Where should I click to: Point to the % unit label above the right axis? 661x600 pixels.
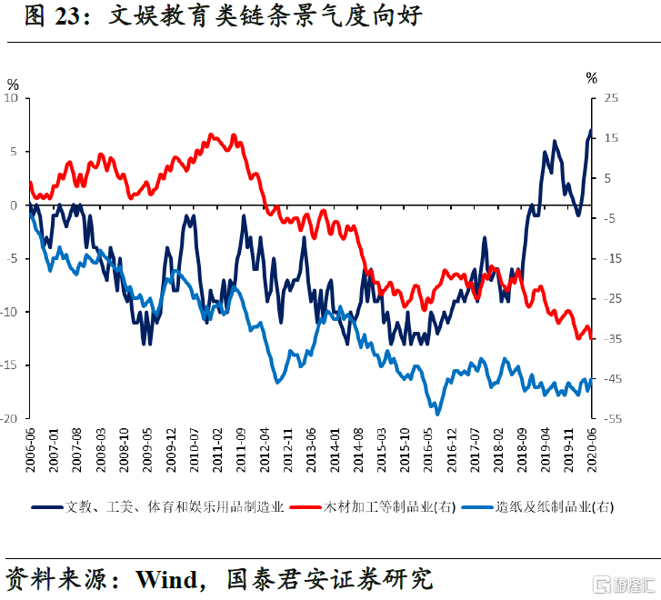click(592, 78)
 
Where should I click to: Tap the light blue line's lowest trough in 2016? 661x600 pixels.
click(437, 415)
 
